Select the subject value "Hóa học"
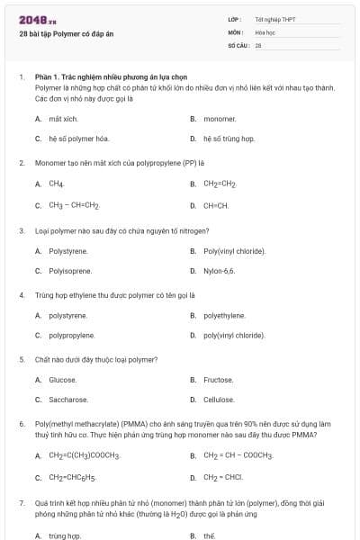(264, 31)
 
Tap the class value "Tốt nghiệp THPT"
(275, 19)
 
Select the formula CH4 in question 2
(57, 184)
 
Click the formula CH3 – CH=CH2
(74, 205)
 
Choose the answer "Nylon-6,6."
(219, 270)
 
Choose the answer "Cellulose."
(219, 400)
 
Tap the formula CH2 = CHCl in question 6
(223, 477)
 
